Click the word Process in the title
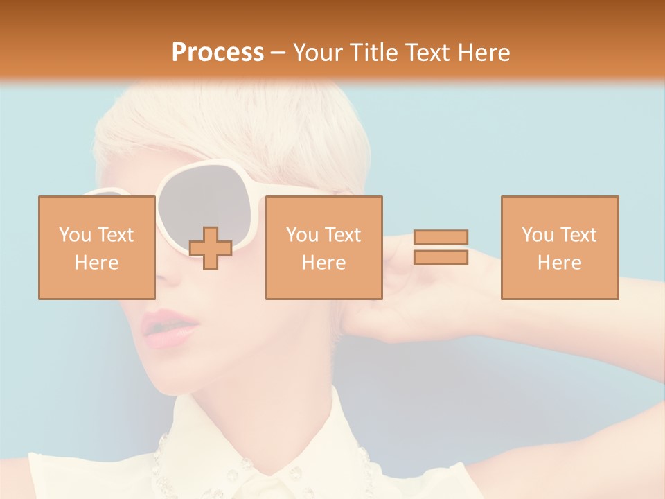[218, 53]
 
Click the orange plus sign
[211, 248]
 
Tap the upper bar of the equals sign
[441, 237]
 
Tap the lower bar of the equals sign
[441, 258]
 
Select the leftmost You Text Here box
[96, 247]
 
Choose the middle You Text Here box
[323, 247]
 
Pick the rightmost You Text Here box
[559, 247]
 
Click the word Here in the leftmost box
[96, 263]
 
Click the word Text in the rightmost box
[578, 235]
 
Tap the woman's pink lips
[166, 329]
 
